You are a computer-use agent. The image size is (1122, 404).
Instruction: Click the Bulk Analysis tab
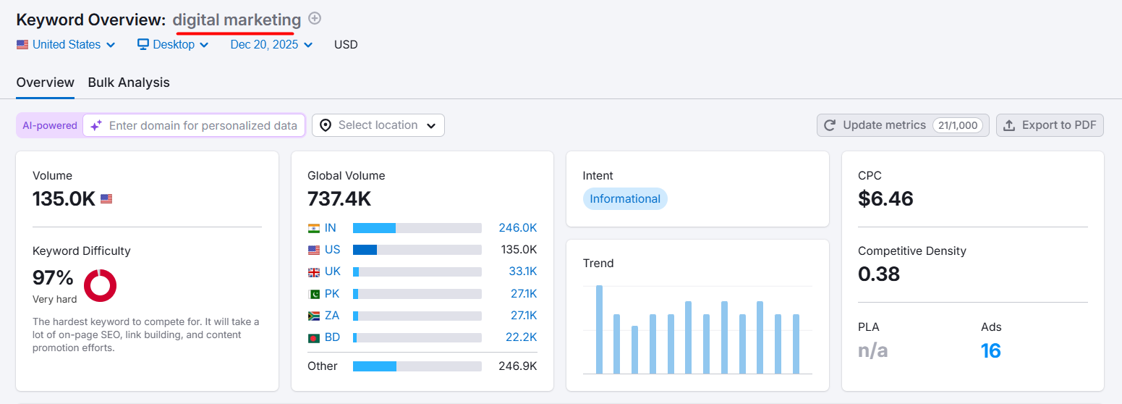tap(129, 83)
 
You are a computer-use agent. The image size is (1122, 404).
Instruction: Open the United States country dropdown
tap(66, 45)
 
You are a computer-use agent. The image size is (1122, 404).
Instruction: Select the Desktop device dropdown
tap(174, 45)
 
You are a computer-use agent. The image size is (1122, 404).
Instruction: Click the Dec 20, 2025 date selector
tap(271, 45)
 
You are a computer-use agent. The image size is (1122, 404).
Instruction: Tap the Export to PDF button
tap(1050, 125)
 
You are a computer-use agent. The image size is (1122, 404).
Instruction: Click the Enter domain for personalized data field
tap(203, 125)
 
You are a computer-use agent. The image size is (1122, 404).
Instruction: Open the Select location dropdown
tap(378, 125)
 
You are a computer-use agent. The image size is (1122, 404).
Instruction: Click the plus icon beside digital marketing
tap(315, 19)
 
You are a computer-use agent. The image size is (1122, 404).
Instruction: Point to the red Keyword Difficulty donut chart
tap(100, 285)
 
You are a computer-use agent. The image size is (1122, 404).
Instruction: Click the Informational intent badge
tap(625, 199)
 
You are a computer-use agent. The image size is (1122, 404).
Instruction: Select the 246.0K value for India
tap(517, 228)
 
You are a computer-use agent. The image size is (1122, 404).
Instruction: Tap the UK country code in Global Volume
tap(333, 272)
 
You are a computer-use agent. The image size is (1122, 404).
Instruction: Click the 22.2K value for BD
tap(521, 337)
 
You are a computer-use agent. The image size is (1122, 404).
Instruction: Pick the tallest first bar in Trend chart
tap(599, 329)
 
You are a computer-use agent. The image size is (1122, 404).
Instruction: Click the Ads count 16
tap(991, 351)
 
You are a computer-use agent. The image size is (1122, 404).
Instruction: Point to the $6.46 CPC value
tap(885, 198)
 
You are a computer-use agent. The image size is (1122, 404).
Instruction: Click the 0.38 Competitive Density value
tap(879, 274)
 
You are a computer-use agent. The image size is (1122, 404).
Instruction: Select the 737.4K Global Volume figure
tap(339, 198)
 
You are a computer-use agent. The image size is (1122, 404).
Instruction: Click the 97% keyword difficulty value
tap(53, 277)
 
